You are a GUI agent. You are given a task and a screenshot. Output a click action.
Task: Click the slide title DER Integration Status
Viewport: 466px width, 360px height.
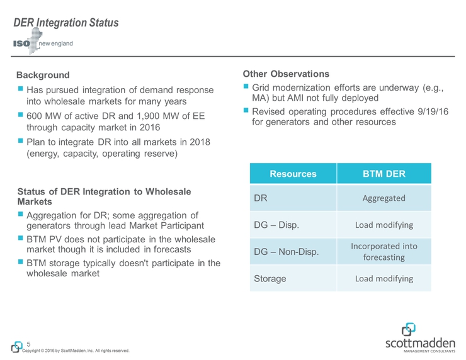67,23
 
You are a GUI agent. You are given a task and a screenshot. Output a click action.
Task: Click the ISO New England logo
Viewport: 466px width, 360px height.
43,45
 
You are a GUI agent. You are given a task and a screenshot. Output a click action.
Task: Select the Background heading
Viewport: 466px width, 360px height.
43,76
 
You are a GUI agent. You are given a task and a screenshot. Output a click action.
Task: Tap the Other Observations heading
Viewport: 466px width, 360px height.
286,74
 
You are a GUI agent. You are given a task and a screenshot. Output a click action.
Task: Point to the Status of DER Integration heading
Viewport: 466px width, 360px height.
104,196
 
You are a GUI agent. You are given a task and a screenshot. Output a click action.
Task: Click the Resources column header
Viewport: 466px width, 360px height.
293,173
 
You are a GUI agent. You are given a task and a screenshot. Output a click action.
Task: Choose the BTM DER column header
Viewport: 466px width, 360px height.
384,173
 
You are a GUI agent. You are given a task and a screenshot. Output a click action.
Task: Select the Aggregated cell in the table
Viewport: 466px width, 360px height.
384,199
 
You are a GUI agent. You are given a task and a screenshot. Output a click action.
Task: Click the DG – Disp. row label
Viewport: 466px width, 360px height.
276,225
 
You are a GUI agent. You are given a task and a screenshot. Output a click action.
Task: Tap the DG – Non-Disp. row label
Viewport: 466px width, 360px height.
286,252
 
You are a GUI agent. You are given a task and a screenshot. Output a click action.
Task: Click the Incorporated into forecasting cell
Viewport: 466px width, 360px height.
384,252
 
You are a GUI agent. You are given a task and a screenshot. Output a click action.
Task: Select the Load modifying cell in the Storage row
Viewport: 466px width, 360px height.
384,278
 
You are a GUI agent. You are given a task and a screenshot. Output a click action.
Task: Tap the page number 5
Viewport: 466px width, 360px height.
29,344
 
